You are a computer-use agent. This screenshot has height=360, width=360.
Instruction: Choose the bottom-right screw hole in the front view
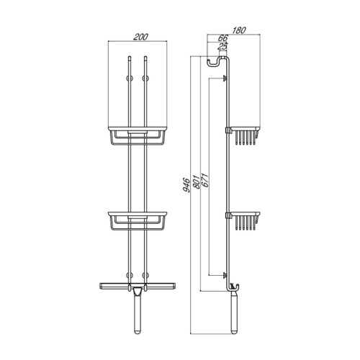[x=145, y=274]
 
